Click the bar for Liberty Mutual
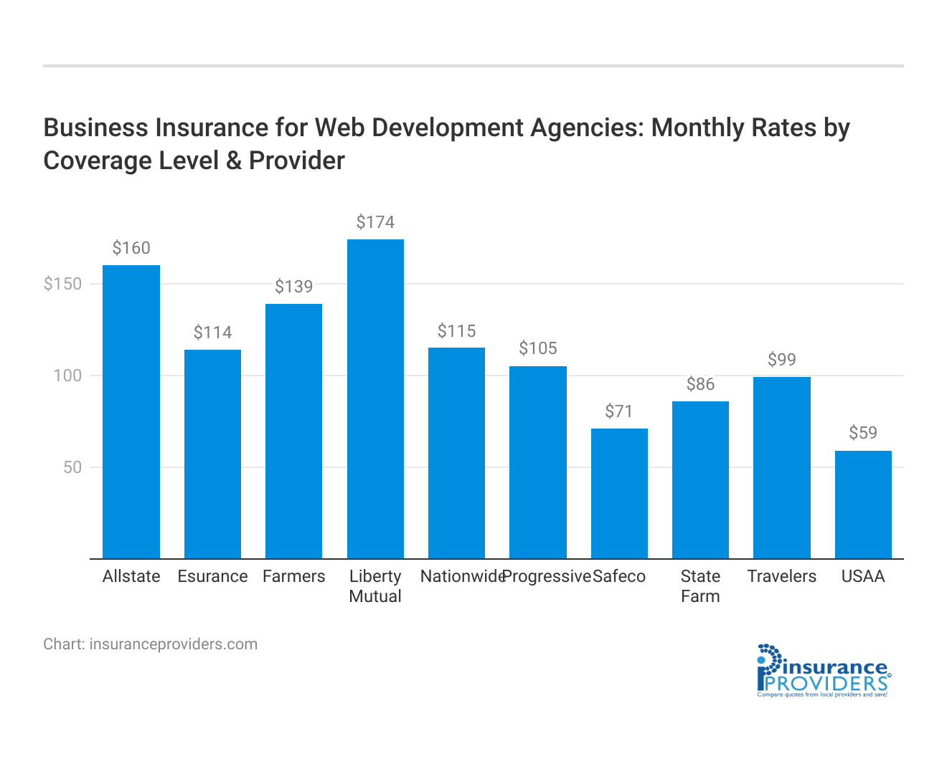click(x=375, y=398)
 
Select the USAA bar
click(x=863, y=505)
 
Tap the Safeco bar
click(x=619, y=494)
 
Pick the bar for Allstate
click(x=131, y=411)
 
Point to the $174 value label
click(x=375, y=222)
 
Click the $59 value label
click(x=863, y=433)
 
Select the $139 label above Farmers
click(x=294, y=287)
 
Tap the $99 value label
click(x=782, y=360)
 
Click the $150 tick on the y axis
click(x=63, y=284)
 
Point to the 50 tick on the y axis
click(x=72, y=467)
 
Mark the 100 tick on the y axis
click(x=68, y=376)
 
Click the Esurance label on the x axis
click(x=212, y=576)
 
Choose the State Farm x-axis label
click(x=700, y=586)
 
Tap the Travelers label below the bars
click(x=782, y=576)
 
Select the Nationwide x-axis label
click(x=463, y=576)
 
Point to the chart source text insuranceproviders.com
click(x=150, y=644)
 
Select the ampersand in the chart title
click(x=233, y=161)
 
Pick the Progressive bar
click(x=538, y=462)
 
